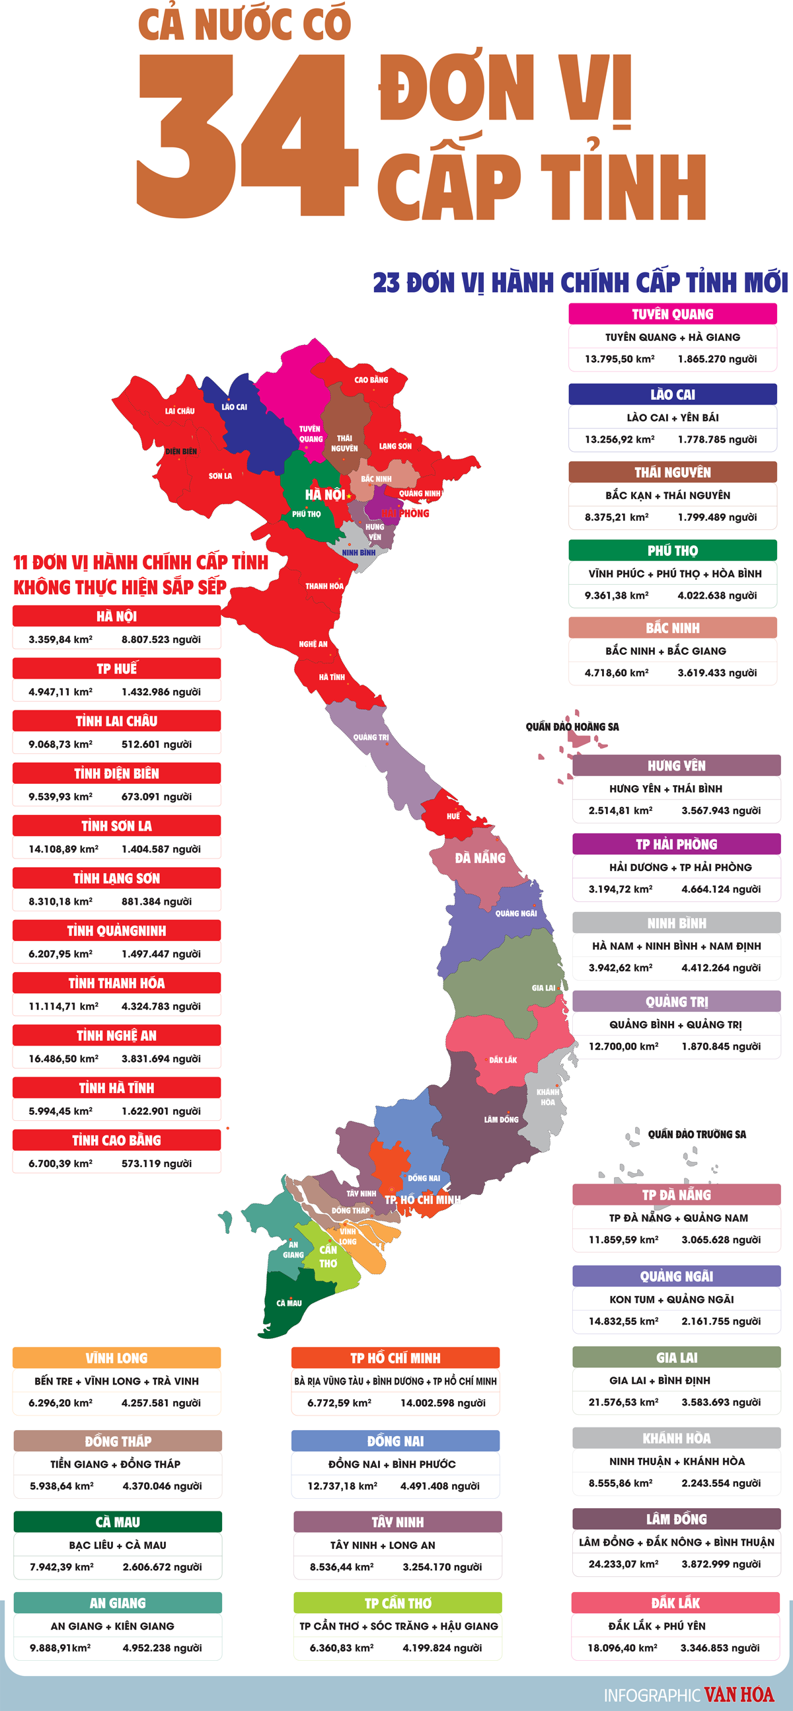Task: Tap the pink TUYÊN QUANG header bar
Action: click(x=672, y=313)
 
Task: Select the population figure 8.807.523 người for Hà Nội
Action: click(x=161, y=640)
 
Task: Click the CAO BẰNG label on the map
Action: click(x=371, y=380)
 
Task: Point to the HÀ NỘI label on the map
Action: click(x=324, y=495)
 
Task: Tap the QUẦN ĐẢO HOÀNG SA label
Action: click(x=572, y=727)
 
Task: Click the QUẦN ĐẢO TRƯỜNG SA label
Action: click(x=696, y=1135)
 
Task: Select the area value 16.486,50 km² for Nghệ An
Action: click(x=63, y=1059)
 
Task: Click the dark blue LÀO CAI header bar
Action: click(x=672, y=395)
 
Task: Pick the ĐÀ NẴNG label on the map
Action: click(x=480, y=858)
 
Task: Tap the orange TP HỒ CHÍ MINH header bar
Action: click(x=395, y=1358)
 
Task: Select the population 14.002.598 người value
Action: click(x=442, y=1403)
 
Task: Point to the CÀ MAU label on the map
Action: click(x=289, y=1303)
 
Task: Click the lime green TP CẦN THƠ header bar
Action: click(x=397, y=1603)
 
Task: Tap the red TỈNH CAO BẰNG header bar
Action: click(x=116, y=1141)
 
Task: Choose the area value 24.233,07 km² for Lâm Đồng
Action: click(x=623, y=1564)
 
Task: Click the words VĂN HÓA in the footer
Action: click(x=739, y=1694)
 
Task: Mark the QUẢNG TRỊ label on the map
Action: click(x=371, y=738)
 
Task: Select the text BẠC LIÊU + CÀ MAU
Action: click(x=118, y=1545)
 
